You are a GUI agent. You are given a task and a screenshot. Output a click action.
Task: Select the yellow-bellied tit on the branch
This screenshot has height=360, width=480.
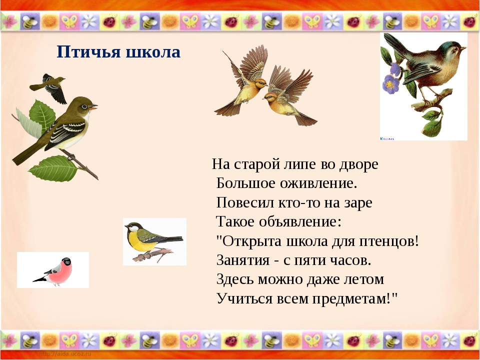[x=153, y=241]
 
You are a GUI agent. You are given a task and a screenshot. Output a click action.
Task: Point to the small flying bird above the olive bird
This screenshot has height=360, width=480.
[x=50, y=87]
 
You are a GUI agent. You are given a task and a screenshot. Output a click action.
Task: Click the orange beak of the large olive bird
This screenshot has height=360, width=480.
[x=93, y=107]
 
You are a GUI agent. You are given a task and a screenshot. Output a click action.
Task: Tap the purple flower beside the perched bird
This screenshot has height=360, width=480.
[x=390, y=83]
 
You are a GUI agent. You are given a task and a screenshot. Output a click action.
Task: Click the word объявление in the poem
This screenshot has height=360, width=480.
[x=300, y=221]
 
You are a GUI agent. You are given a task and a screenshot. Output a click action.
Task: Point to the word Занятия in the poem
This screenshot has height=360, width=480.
[x=243, y=260]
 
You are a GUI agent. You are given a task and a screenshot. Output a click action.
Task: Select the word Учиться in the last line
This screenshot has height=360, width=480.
[x=244, y=298]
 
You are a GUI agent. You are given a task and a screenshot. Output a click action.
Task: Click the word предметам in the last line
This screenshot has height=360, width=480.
[x=352, y=299]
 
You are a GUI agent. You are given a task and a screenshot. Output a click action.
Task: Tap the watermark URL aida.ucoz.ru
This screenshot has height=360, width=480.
[x=65, y=354]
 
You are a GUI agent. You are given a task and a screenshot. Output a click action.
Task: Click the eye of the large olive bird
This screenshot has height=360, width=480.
[x=84, y=106]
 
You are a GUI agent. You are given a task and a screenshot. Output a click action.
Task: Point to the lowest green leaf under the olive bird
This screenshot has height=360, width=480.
[x=53, y=168]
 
